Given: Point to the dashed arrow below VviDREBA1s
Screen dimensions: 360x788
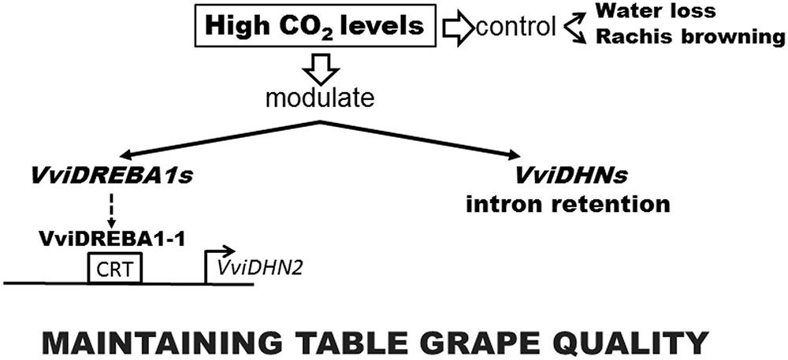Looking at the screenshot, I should pos(110,211).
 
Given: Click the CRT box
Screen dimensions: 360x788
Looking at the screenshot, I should pos(114,269).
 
